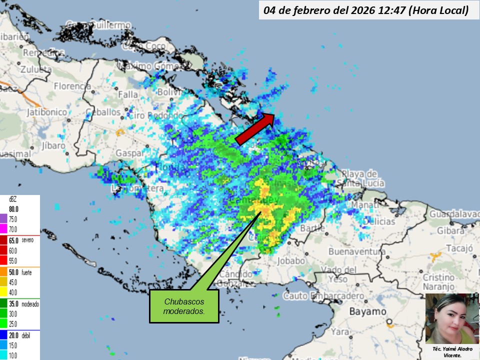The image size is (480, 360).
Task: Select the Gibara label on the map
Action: (x=454, y=231)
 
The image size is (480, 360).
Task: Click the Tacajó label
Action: (x=459, y=248)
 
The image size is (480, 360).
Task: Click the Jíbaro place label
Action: (x=53, y=145)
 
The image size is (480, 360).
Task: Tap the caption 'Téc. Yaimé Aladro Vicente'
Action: (x=451, y=351)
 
